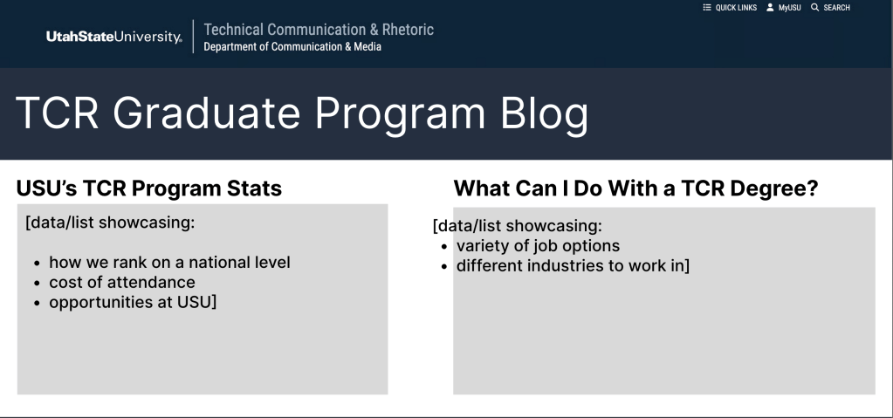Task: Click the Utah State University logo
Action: [113, 37]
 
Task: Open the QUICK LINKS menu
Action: [730, 7]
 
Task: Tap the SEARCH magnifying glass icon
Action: [815, 7]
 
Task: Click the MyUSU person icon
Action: [770, 7]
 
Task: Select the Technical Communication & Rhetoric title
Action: [319, 30]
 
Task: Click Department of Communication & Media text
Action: [292, 47]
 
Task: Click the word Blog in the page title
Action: [544, 114]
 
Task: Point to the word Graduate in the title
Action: [207, 113]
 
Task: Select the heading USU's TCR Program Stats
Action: [148, 188]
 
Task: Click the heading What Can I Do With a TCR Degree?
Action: [635, 188]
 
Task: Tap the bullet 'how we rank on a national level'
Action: [169, 263]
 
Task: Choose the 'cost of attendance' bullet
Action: [122, 283]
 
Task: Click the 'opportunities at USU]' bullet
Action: [133, 303]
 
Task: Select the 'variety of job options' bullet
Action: [538, 246]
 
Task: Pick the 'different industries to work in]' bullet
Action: [573, 266]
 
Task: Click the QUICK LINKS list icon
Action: [707, 7]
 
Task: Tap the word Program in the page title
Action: [400, 114]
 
